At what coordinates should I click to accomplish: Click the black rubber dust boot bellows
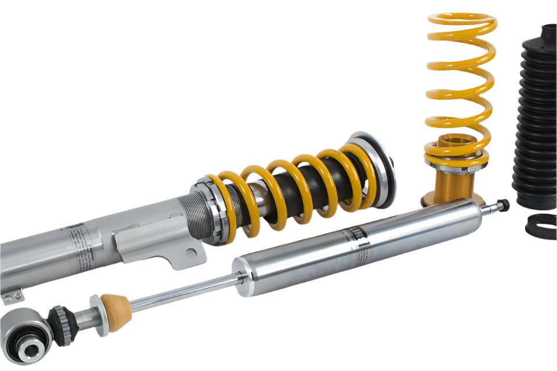click(x=536, y=116)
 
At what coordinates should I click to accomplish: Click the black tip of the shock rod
click(x=502, y=205)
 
